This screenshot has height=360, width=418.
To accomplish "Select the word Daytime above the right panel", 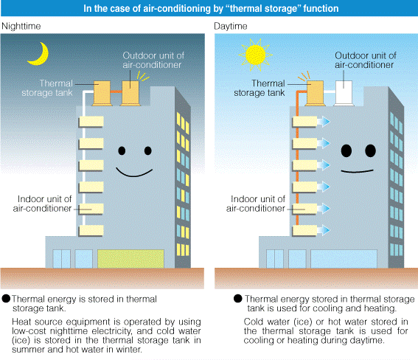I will coord(231,27).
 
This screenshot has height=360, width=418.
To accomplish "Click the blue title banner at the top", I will coord(209,8).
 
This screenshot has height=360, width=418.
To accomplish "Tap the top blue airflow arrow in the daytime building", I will coord(324,121).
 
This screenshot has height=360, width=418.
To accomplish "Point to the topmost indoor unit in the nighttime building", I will coord(91,120).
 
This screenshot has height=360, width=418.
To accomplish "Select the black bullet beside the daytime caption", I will coord(237,299).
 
